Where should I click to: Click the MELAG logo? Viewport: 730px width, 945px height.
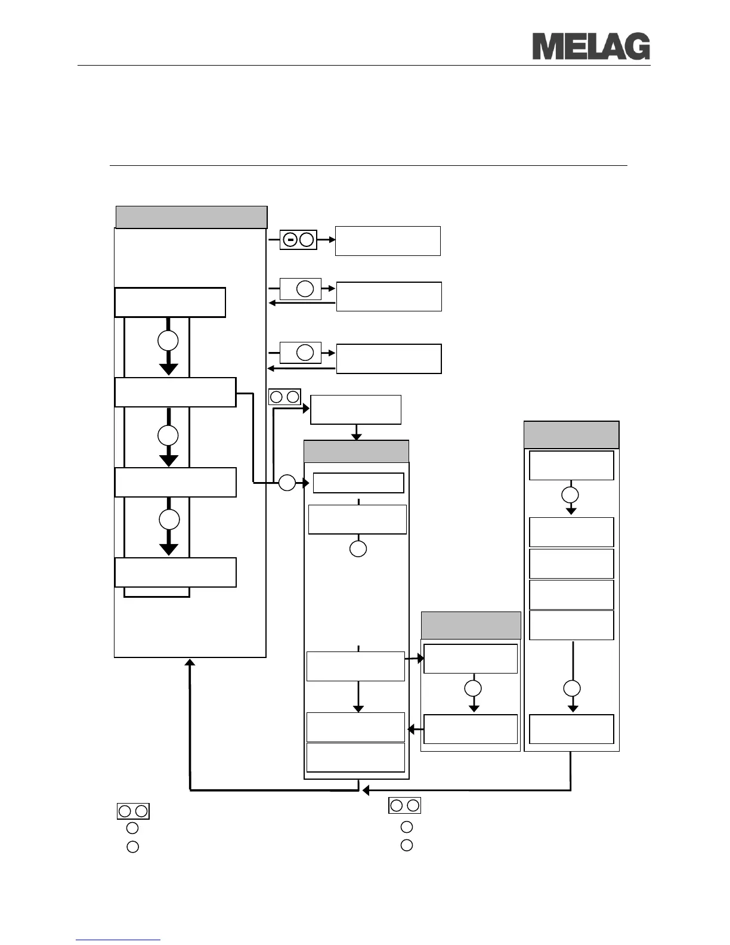pyautogui.click(x=590, y=47)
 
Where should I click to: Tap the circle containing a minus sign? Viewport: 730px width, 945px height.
pyautogui.click(x=290, y=240)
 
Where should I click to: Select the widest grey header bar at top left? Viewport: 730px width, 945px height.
pyautogui.click(x=191, y=217)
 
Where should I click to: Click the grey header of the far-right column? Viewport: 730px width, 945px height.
pyautogui.click(x=571, y=435)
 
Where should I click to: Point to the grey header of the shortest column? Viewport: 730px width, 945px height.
pyautogui.click(x=471, y=625)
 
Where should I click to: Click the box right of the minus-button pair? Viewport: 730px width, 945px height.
pyautogui.click(x=388, y=241)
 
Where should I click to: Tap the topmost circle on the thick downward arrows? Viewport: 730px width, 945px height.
pyautogui.click(x=168, y=341)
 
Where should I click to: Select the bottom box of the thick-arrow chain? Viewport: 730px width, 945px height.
pyautogui.click(x=175, y=573)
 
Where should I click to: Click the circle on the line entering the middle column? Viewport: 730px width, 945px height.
pyautogui.click(x=287, y=483)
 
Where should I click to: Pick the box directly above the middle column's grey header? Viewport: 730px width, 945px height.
pyautogui.click(x=356, y=410)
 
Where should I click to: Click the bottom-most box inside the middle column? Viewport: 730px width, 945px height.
pyautogui.click(x=355, y=757)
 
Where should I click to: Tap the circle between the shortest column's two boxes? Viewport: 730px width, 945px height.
pyautogui.click(x=473, y=688)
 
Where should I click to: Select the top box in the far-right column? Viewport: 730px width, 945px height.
pyautogui.click(x=571, y=465)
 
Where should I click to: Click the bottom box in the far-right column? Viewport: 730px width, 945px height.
pyautogui.click(x=571, y=729)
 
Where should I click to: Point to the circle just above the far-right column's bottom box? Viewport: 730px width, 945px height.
pyautogui.click(x=572, y=688)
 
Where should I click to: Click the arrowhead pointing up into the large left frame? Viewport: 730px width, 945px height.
pyautogui.click(x=190, y=663)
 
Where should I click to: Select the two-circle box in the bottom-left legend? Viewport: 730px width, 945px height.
pyautogui.click(x=133, y=811)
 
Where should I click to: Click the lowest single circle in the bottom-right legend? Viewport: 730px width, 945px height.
pyautogui.click(x=407, y=845)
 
